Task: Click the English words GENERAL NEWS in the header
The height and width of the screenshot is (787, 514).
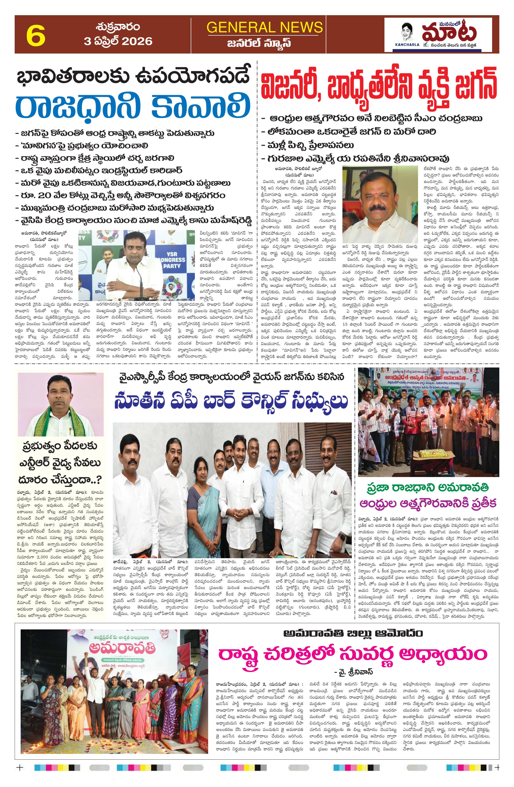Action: pos(265,27)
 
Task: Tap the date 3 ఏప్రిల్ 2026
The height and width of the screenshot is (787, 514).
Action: pos(118,41)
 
